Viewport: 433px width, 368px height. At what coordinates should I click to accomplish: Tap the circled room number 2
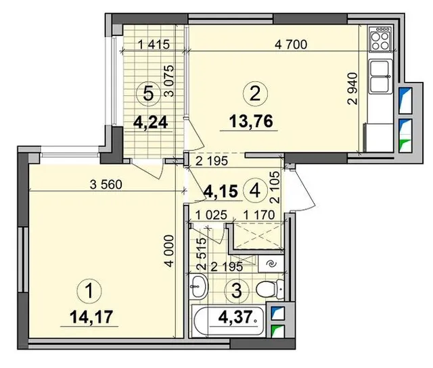tap(255, 93)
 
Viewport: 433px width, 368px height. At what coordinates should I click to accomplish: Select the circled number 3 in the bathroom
tap(237, 290)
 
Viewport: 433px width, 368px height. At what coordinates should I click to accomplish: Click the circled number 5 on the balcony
tap(149, 93)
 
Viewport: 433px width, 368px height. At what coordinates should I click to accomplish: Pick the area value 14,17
tap(91, 317)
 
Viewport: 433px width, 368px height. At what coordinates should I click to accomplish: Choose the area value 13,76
tap(251, 121)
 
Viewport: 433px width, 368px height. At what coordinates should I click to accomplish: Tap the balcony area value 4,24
tap(150, 122)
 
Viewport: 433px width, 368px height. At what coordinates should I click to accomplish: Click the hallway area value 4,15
tap(221, 191)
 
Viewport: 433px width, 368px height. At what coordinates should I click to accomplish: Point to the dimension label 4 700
tap(291, 44)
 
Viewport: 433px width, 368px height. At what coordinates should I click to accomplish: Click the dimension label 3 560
tap(106, 184)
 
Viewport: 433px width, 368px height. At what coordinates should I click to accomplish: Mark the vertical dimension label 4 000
tap(169, 251)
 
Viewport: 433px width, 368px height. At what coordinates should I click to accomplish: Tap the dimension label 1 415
tap(154, 44)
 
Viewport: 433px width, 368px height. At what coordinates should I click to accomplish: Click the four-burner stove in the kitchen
tap(380, 39)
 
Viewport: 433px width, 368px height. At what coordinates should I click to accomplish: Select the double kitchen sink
tap(381, 76)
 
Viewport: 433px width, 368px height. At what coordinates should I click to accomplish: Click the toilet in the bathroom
tap(270, 289)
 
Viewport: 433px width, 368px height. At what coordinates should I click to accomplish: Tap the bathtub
tap(228, 321)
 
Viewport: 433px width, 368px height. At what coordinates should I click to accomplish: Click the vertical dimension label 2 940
tap(352, 89)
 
